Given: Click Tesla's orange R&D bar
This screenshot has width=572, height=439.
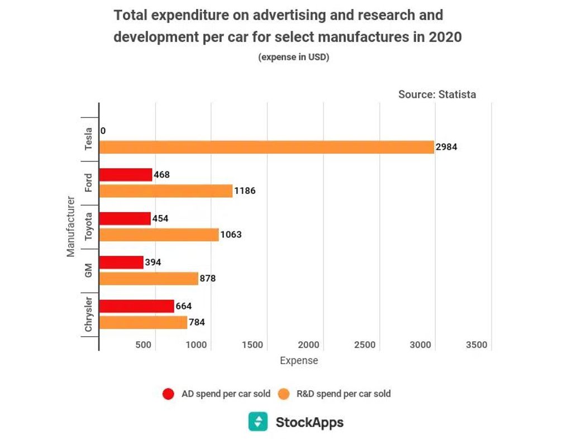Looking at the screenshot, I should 266,147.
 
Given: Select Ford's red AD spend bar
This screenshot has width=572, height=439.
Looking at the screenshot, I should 126,175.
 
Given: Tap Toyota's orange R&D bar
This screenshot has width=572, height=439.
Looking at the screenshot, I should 159,235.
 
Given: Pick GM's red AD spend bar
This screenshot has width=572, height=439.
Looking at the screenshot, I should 121,262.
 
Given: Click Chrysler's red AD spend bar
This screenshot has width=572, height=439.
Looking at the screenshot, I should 137,306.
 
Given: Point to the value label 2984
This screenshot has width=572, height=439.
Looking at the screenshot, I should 446,147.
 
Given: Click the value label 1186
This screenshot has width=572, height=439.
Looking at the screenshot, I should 245,191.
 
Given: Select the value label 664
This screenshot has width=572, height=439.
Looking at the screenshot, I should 184,306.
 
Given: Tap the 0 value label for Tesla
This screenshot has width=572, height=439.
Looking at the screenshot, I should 103,131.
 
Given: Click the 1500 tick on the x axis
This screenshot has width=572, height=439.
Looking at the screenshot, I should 253,345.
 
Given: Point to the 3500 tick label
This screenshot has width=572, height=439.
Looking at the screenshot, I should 476,345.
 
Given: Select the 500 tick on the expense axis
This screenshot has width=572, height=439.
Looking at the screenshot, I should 144,345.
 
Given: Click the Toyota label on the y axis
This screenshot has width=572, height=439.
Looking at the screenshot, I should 89,226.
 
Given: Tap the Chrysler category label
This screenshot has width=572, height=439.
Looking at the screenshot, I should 89,314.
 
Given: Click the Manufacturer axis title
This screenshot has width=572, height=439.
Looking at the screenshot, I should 71,226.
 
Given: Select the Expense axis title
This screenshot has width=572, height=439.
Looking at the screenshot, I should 299,361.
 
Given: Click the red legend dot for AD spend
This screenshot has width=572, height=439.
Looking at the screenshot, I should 168,394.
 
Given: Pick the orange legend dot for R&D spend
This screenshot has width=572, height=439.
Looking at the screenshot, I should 284,394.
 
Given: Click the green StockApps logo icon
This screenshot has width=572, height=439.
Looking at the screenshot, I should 258,422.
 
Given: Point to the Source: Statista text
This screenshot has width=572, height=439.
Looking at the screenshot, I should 437,94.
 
